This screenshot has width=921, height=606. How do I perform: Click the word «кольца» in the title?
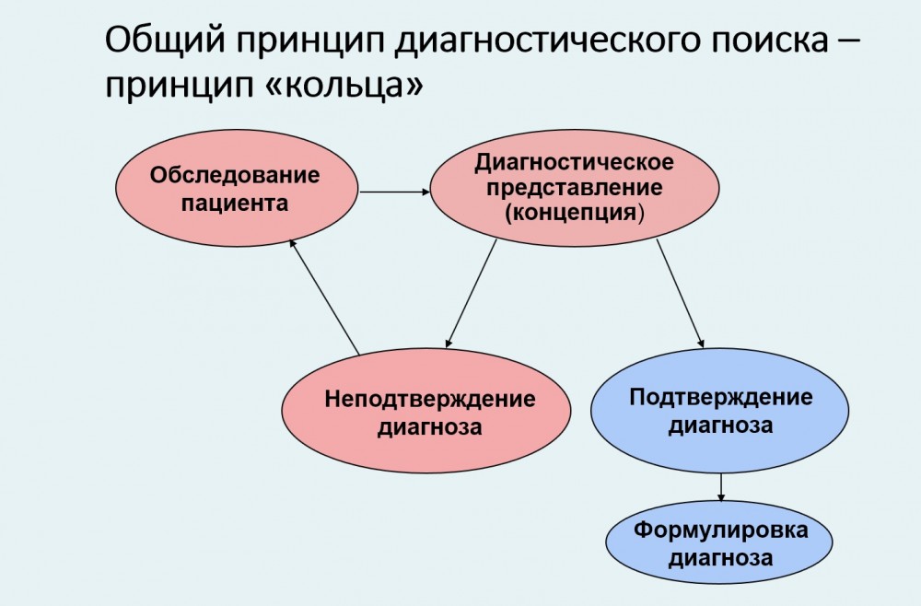(x=344, y=86)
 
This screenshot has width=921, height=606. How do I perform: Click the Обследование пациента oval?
(x=236, y=188)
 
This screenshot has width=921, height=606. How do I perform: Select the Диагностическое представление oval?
(x=575, y=188)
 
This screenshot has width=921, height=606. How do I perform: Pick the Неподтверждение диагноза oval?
(x=426, y=411)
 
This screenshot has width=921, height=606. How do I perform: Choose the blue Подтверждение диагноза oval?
(x=720, y=411)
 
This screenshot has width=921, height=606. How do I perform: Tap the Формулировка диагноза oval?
(x=719, y=542)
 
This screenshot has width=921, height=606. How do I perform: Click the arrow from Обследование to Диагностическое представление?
(x=395, y=192)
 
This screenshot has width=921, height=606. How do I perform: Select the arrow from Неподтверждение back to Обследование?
(x=324, y=297)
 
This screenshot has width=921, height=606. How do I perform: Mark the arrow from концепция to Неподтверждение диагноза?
(x=471, y=293)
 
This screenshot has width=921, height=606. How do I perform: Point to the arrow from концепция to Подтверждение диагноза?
(x=681, y=293)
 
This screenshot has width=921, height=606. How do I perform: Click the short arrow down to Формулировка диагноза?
(x=721, y=487)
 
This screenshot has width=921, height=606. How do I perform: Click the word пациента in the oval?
(x=235, y=204)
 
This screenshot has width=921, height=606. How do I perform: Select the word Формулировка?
(x=721, y=530)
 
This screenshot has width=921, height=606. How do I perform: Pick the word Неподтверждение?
(x=430, y=400)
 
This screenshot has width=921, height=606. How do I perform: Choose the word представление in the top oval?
(x=575, y=188)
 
